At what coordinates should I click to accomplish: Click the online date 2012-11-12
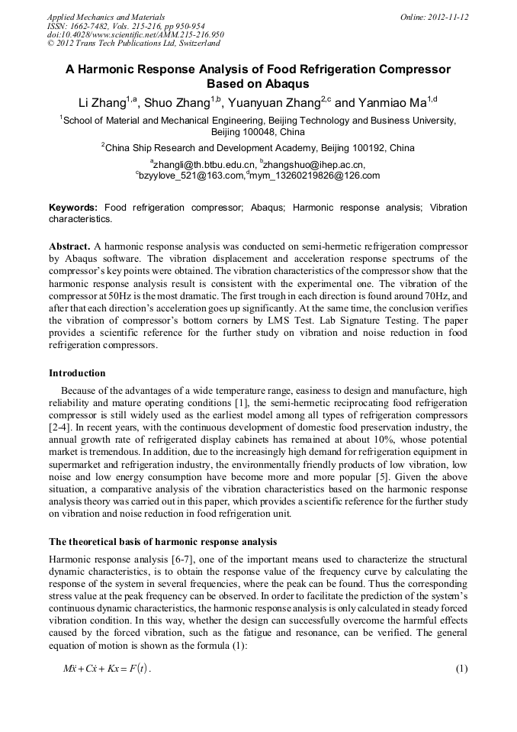pyautogui.click(x=445, y=16)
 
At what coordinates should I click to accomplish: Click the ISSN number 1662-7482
pyautogui.click(x=94, y=25)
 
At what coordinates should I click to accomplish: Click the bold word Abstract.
pyautogui.click(x=70, y=247)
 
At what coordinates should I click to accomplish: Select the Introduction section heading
pyautogui.click(x=77, y=373)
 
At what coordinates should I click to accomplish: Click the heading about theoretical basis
pyautogui.click(x=162, y=542)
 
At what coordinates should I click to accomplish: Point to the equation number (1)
pyautogui.click(x=461, y=669)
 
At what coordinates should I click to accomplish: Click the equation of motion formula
pyautogui.click(x=108, y=669)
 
